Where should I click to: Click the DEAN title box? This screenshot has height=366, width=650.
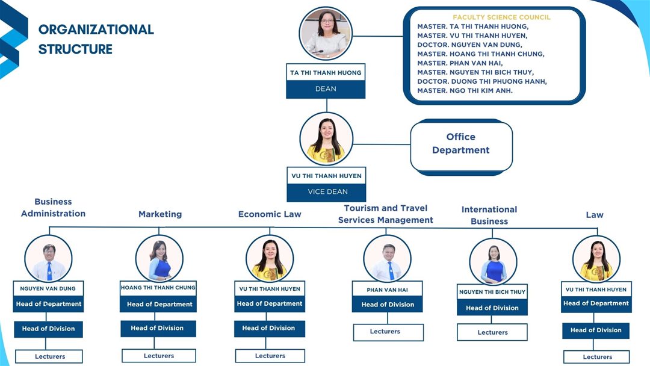pyautogui.click(x=326, y=89)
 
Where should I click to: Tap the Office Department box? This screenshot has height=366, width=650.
pyautogui.click(x=461, y=144)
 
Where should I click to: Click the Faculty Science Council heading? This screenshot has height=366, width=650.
pyautogui.click(x=501, y=17)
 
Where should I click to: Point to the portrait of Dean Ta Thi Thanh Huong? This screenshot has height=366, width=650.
pyautogui.click(x=326, y=34)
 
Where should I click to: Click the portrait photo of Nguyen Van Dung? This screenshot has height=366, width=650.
pyautogui.click(x=49, y=258)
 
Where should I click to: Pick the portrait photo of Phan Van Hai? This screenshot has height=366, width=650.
pyautogui.click(x=388, y=258)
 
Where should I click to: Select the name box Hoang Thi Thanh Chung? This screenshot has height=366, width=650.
pyautogui.click(x=158, y=288)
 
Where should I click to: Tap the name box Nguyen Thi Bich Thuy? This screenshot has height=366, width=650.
pyautogui.click(x=492, y=292)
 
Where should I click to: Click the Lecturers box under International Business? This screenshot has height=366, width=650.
pyautogui.click(x=492, y=332)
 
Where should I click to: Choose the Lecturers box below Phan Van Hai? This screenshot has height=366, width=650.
pyautogui.click(x=388, y=332)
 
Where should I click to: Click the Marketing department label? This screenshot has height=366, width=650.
pyautogui.click(x=160, y=214)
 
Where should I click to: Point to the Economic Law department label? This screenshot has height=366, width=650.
pyautogui.click(x=270, y=214)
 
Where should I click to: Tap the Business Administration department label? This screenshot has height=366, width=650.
pyautogui.click(x=53, y=208)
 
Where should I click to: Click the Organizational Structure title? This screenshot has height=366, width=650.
pyautogui.click(x=96, y=39)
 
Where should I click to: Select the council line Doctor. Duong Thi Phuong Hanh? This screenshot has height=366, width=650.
pyautogui.click(x=482, y=82)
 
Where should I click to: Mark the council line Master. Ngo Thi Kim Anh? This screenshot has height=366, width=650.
pyautogui.click(x=465, y=91)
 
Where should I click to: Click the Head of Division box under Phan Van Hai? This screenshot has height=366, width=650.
pyautogui.click(x=388, y=305)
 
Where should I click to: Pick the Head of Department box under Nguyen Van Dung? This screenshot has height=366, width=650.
pyautogui.click(x=49, y=304)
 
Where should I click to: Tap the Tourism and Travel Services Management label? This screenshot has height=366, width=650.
pyautogui.click(x=385, y=214)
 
